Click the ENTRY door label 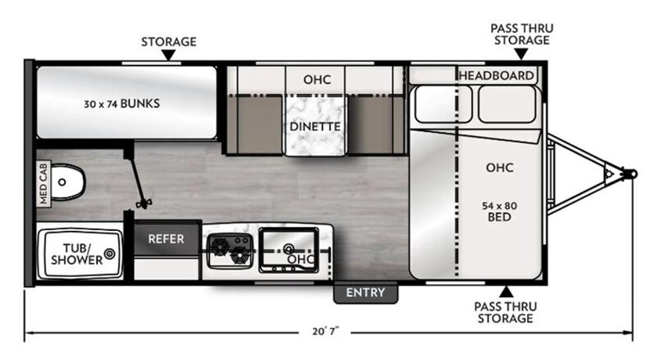(x=365, y=293)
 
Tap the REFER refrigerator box (x=166, y=238)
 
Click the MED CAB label (x=44, y=184)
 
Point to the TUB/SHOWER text (x=77, y=254)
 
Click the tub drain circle (x=110, y=254)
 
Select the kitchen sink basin (x=289, y=249)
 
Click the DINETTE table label (x=315, y=127)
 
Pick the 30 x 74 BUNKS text (x=121, y=103)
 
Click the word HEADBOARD (x=497, y=75)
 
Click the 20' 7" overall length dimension (x=325, y=332)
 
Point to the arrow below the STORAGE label (x=168, y=56)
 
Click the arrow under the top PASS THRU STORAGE (x=521, y=54)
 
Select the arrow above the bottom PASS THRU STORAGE (x=506, y=292)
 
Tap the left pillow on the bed (x=443, y=104)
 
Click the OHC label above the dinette (x=318, y=79)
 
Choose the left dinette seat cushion (x=255, y=124)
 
